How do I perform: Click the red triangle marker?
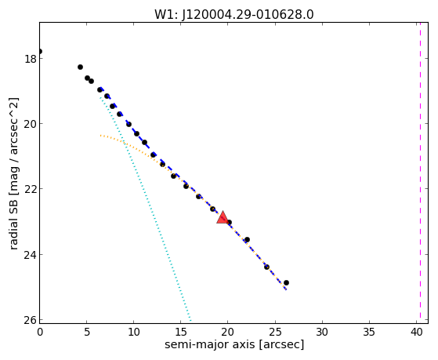pyautogui.click(x=223, y=217)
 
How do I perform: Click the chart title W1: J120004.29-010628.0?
pyautogui.click(x=234, y=14)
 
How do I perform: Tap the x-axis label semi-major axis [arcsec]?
pyautogui.click(x=234, y=344)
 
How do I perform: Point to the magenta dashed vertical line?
pyautogui.click(x=420, y=173)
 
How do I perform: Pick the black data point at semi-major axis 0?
pyautogui.click(x=40, y=51)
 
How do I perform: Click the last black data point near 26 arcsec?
pyautogui.click(x=286, y=283)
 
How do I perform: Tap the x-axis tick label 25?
pyautogui.click(x=275, y=332)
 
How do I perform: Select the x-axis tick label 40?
pyautogui.click(x=416, y=332)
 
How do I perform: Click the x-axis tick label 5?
pyautogui.click(x=87, y=332)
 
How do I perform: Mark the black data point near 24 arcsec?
pyautogui.click(x=266, y=267)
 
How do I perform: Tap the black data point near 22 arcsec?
pyautogui.click(x=247, y=240)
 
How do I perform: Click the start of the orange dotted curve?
pyautogui.click(x=100, y=136)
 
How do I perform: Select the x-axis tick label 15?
pyautogui.click(x=181, y=332)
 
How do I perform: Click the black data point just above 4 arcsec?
pyautogui.click(x=80, y=67)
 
